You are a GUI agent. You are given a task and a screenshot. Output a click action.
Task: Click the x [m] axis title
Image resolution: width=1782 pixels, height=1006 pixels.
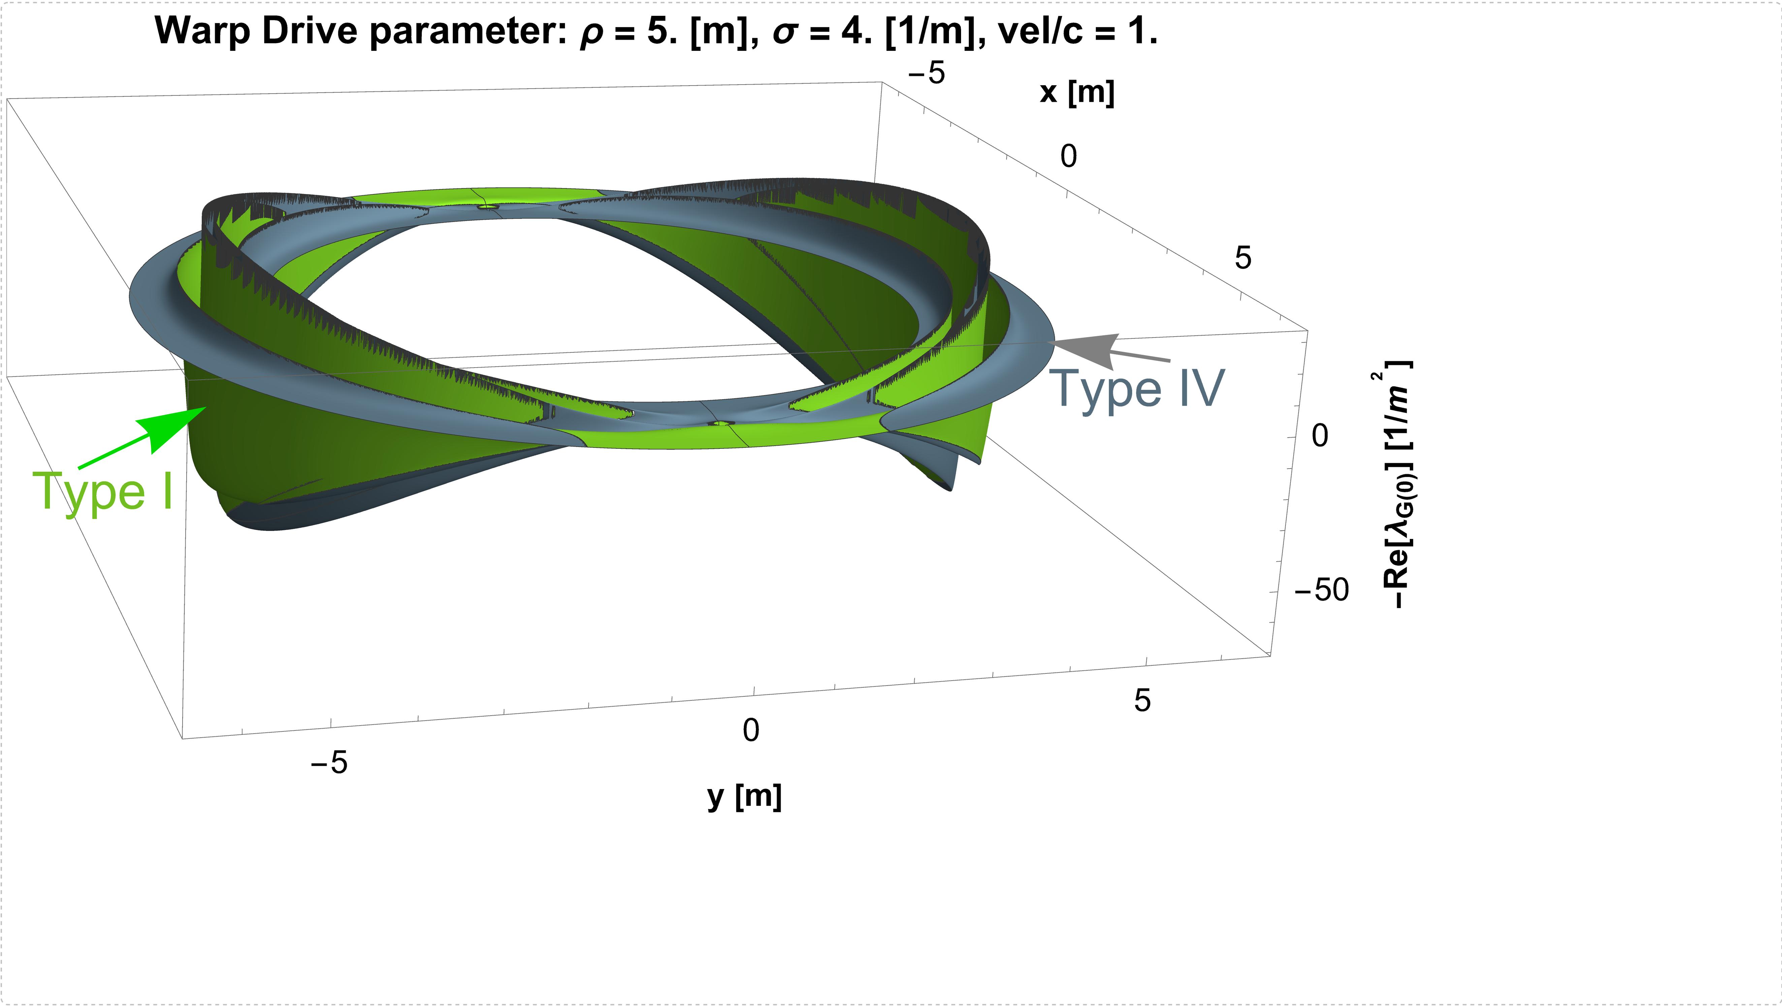point(1077,92)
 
